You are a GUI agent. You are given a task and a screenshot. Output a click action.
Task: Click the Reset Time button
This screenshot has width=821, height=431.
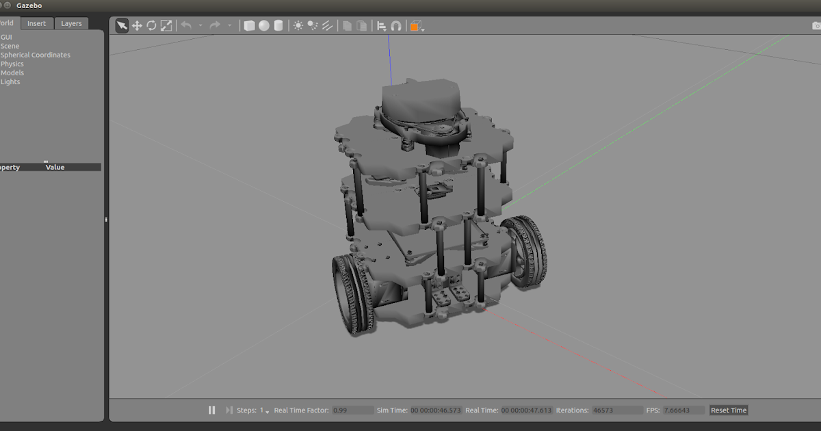[x=729, y=410]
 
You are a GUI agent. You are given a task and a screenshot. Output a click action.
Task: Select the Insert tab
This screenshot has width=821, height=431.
[x=36, y=23]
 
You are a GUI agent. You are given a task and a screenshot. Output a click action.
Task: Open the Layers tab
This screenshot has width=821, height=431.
[x=71, y=23]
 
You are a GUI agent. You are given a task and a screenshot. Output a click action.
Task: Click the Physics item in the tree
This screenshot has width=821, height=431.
[x=12, y=64]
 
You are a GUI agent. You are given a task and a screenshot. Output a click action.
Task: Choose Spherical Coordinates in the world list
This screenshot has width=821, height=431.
[x=36, y=55]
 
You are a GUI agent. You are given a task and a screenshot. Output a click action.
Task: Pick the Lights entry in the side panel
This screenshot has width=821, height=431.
[x=10, y=81]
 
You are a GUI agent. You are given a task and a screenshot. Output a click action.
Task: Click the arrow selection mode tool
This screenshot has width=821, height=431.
[x=122, y=26]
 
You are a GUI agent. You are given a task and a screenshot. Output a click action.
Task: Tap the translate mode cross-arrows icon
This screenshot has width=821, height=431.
[x=137, y=26]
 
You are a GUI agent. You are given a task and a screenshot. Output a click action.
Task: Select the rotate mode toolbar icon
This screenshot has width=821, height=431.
[x=151, y=26]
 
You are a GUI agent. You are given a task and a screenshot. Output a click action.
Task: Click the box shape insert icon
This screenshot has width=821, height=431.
[x=250, y=26]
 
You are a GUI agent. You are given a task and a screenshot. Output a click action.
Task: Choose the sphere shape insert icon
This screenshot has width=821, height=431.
[x=264, y=26]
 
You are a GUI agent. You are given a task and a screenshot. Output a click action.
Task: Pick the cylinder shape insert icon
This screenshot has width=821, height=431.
[x=278, y=26]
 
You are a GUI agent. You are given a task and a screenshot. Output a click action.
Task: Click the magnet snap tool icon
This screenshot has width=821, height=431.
[x=396, y=26]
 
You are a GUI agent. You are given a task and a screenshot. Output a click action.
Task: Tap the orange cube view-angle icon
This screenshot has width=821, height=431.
[x=415, y=26]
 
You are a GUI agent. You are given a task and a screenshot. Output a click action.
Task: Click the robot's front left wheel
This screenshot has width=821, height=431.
[x=354, y=295]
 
